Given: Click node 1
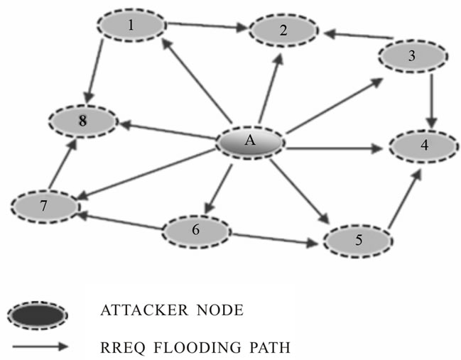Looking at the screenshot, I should tap(131, 26).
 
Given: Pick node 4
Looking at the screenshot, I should tap(423, 147).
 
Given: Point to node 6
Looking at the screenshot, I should tap(197, 231).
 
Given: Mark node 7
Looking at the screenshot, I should tap(44, 207).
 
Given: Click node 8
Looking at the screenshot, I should tap(83, 121).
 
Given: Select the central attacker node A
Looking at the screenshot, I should tap(250, 141).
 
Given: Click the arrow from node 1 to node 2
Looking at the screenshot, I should tap(207, 27).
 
